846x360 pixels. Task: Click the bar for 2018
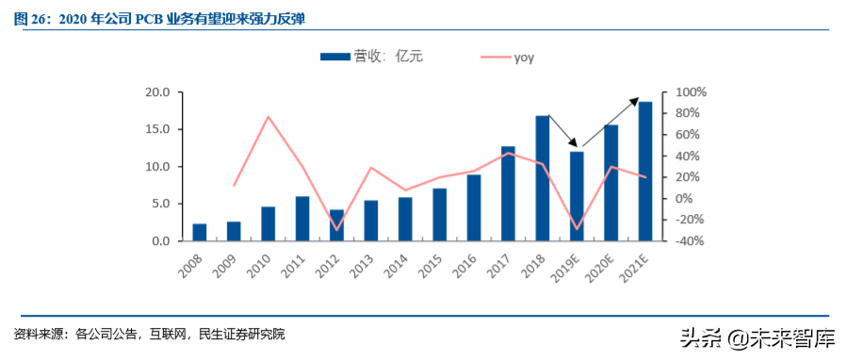click(542, 178)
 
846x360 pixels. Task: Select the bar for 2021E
click(644, 171)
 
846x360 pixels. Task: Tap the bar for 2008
click(199, 232)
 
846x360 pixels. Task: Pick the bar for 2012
click(336, 225)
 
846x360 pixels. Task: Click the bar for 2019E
click(576, 196)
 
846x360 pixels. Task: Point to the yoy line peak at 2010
click(268, 117)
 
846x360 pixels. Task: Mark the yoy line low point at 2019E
click(576, 229)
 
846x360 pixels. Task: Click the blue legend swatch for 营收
click(334, 57)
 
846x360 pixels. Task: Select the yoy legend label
click(525, 57)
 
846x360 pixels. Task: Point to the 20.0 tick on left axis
click(156, 92)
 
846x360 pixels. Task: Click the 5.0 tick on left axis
click(159, 204)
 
